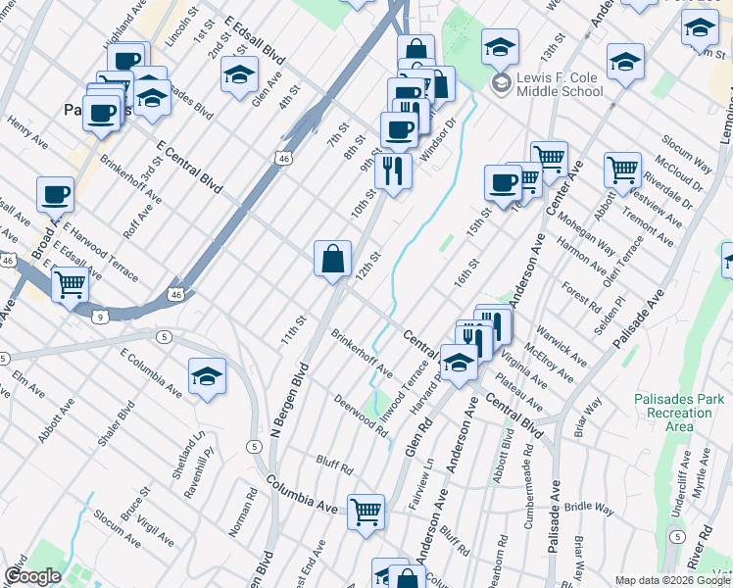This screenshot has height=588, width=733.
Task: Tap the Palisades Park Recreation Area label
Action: coord(678,413)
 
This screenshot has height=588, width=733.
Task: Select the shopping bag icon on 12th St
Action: coord(333,259)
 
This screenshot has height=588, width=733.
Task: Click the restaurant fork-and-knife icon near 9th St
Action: coord(393,171)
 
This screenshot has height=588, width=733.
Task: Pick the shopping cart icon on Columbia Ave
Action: coord(366,511)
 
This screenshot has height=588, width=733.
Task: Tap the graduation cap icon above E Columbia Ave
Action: coord(207,376)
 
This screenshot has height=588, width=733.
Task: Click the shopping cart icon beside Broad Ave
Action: coord(70,285)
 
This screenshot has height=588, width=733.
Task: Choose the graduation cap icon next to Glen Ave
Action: coord(239,74)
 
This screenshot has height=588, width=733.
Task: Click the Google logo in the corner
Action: coord(32,576)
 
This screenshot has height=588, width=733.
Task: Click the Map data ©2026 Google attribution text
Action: coord(671,579)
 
